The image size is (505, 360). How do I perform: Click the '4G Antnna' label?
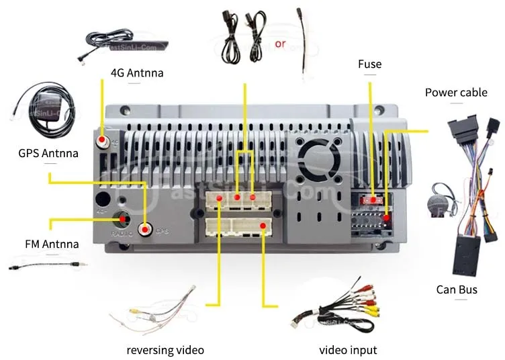(x=137, y=73)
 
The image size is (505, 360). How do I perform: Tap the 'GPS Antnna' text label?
(x=48, y=153)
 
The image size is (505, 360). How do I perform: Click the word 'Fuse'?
(x=369, y=64)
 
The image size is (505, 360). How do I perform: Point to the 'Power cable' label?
(x=455, y=93)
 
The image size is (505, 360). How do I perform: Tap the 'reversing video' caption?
(x=165, y=349)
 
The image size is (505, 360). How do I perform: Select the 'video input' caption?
(x=348, y=349)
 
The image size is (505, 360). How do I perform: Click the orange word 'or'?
(x=280, y=44)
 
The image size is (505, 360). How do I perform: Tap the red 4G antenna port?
(x=102, y=142)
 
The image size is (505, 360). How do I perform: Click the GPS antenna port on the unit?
(x=145, y=230)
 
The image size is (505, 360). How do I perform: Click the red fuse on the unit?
(x=368, y=200)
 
